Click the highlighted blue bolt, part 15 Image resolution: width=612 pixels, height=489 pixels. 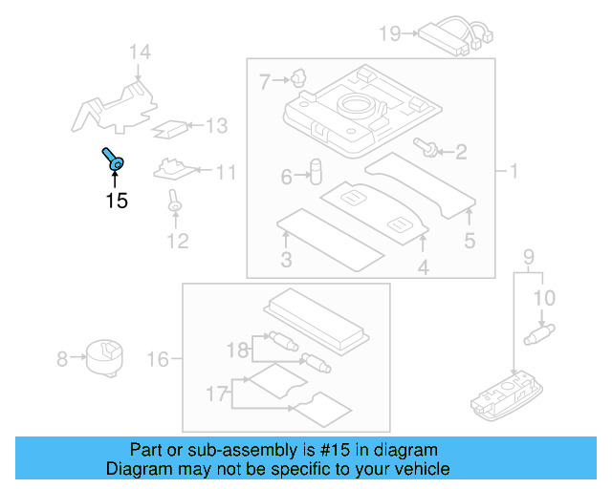(111, 159)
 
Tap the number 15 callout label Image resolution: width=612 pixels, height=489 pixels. (116, 201)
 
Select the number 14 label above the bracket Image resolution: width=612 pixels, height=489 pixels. (141, 52)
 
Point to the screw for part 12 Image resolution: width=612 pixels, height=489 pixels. (175, 200)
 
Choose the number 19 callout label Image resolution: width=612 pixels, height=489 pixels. (388, 34)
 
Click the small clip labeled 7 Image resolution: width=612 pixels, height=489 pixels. (299, 77)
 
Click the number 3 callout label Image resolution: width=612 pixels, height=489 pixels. (286, 261)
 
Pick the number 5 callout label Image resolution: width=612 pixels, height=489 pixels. (469, 241)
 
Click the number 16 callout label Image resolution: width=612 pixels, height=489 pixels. (158, 359)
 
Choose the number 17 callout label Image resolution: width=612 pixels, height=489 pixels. (219, 393)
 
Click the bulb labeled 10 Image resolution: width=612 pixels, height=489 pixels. (543, 334)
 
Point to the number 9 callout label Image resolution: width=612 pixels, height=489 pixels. (527, 257)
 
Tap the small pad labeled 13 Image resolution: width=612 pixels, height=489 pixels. (173, 126)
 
